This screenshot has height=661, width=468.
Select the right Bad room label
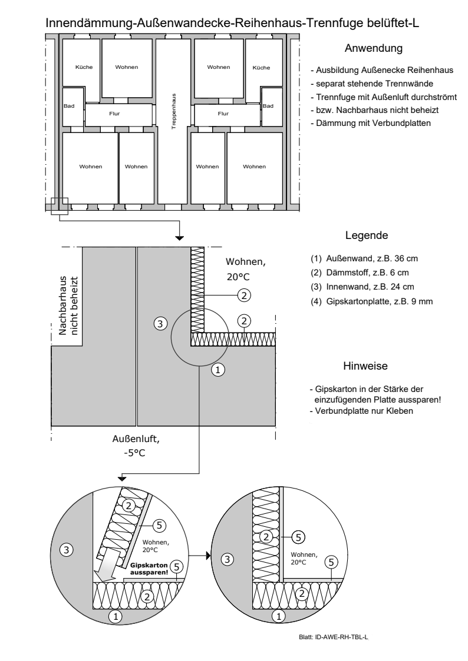268,106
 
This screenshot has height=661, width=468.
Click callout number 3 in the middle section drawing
157,322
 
